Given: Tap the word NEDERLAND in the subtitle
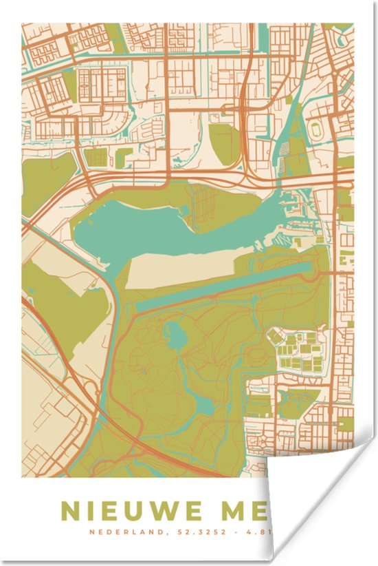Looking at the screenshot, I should tap(120, 532).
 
